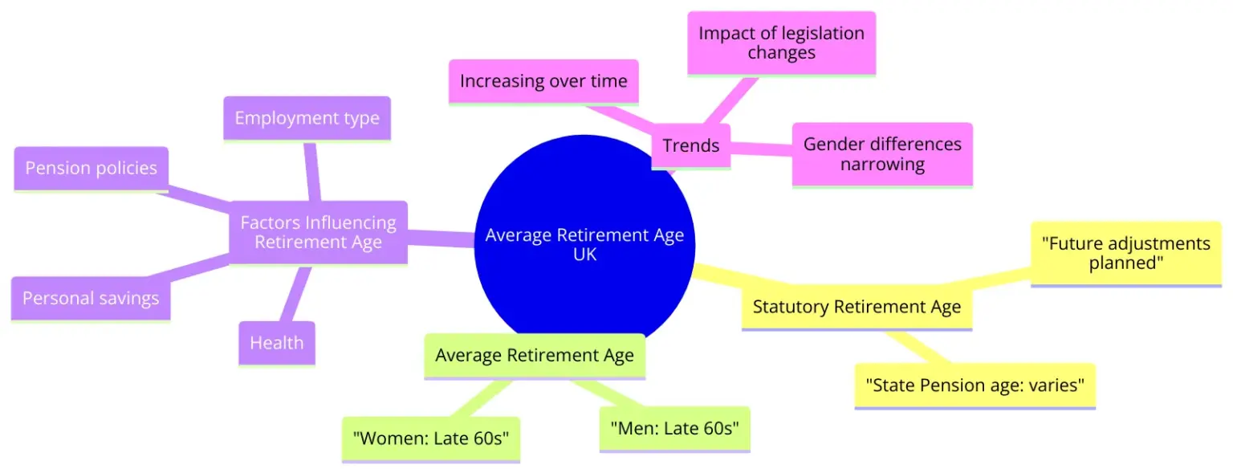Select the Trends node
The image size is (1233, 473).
[691, 146]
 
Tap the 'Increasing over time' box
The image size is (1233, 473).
[543, 81]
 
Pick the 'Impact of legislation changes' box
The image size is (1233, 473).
[781, 43]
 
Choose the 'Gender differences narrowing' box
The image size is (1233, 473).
[882, 154]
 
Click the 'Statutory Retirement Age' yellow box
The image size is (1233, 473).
[857, 307]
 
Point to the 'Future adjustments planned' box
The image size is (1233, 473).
[1125, 253]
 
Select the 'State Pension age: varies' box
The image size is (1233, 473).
[975, 385]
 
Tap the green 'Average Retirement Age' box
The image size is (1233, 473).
[535, 356]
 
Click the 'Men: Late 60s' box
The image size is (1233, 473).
[675, 429]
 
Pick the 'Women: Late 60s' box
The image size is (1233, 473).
[431, 438]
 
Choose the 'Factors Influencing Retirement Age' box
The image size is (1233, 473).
[318, 232]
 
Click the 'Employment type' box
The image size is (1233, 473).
[307, 118]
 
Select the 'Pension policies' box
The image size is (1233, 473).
[92, 169]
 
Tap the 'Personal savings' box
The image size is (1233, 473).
[91, 299]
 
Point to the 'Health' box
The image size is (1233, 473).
[277, 343]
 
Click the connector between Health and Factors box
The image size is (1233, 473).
[295, 293]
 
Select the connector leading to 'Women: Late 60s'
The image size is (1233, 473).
[480, 398]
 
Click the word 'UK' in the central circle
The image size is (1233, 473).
[584, 255]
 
